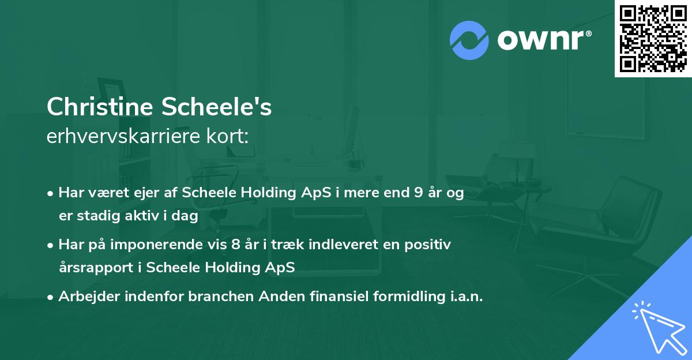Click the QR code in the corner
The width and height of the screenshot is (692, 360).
pyautogui.click(x=653, y=39)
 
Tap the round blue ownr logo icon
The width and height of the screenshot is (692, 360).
pyautogui.click(x=469, y=40)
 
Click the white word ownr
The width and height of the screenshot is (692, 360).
pyautogui.click(x=540, y=40)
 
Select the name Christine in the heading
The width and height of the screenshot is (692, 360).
pyautogui.click(x=100, y=107)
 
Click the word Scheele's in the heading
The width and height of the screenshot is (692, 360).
pyautogui.click(x=216, y=107)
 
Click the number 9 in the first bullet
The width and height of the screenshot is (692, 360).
pyautogui.click(x=418, y=193)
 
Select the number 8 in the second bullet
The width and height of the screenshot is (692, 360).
pyautogui.click(x=235, y=245)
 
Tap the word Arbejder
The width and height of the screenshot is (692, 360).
pyautogui.click(x=89, y=297)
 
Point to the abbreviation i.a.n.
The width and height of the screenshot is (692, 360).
pyautogui.click(x=467, y=296)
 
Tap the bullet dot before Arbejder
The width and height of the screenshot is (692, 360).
pyautogui.click(x=50, y=297)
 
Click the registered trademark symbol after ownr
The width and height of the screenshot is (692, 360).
pyautogui.click(x=588, y=33)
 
